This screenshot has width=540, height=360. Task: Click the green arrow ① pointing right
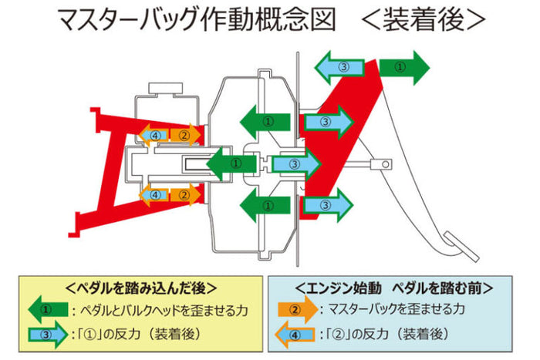402,67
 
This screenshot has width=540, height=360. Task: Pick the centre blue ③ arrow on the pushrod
294,163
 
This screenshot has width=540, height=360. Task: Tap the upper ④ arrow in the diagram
155,135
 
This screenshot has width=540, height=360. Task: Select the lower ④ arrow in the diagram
155,195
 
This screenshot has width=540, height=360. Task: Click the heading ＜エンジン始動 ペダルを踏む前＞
393,288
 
